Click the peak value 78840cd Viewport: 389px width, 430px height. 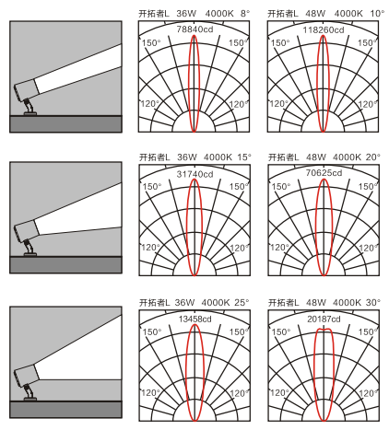coord(194,29)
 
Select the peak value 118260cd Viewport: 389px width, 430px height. coord(324,30)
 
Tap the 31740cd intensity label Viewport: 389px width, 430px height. coord(194,174)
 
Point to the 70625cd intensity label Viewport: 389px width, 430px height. coord(324,173)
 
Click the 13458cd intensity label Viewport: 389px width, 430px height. coord(194,320)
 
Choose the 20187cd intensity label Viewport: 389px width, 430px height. coord(324,320)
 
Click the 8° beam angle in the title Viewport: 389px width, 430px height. coord(245,14)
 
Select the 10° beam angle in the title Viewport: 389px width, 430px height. coord(377,14)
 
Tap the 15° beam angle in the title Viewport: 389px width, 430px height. coord(244,157)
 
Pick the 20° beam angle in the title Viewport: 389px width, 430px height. coord(373,157)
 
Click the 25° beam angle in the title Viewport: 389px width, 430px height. coord(242,303)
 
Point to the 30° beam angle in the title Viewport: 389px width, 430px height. coord(373,303)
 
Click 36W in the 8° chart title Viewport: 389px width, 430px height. coord(186,14)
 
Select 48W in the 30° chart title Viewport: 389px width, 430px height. coord(316,303)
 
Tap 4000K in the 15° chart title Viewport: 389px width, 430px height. coord(218,157)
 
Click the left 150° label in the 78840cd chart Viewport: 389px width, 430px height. coord(151,42)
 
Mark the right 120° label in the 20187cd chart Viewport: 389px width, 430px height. coord(368,393)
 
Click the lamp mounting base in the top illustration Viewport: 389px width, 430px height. coord(30,113)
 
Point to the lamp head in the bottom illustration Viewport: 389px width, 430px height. coord(27,375)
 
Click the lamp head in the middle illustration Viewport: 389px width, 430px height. coord(27,231)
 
